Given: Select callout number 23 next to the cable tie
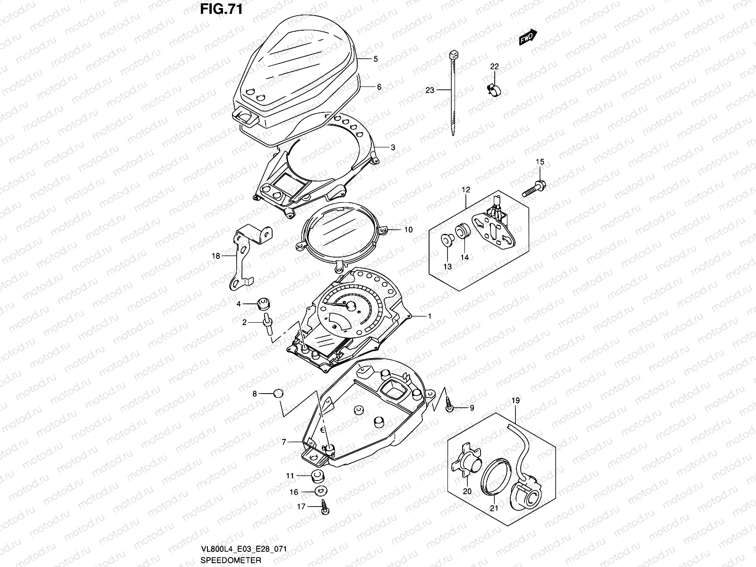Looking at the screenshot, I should click(x=430, y=89).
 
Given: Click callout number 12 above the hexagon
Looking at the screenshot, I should click(x=466, y=190).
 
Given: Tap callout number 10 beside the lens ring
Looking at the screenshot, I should click(x=408, y=230).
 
